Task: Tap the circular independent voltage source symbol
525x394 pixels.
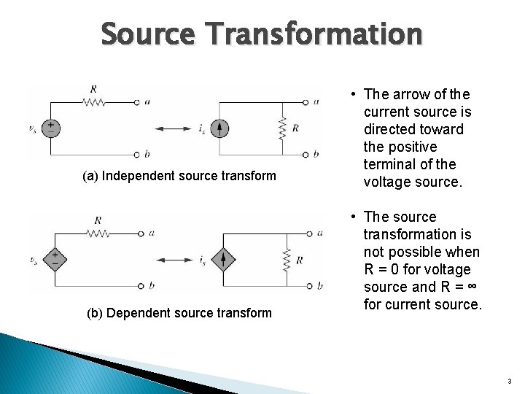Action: (50, 128)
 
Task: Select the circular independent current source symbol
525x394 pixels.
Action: (219, 128)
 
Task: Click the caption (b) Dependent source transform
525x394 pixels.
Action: (179, 313)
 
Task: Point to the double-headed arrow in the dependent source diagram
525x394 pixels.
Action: (178, 258)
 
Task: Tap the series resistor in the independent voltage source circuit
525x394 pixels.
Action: (93, 102)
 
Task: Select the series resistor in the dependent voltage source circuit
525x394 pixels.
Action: (98, 233)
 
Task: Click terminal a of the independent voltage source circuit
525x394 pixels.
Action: (136, 102)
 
